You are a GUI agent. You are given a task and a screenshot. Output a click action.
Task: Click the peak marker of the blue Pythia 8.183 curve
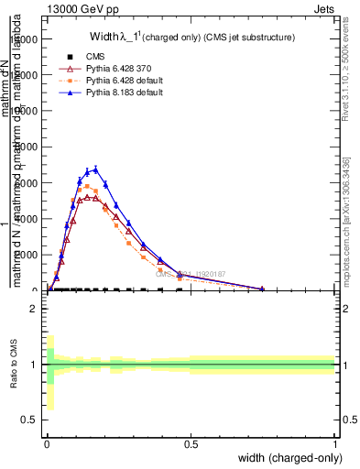click(x=95, y=169)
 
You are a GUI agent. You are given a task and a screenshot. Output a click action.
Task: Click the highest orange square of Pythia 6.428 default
click(x=87, y=186)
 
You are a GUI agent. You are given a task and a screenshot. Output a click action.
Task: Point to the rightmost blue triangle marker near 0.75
click(x=263, y=289)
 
